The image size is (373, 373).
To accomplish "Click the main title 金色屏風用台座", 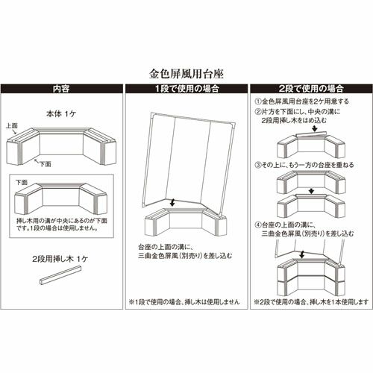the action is point(186,74).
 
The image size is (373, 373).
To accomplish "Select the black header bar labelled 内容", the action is point(61,89).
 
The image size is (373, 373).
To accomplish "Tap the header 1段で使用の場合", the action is point(186,89).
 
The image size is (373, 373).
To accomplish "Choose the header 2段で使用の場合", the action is point(312,89).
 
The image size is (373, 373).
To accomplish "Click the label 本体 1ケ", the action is point(61,114).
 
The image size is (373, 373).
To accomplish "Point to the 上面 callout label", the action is point(12,125).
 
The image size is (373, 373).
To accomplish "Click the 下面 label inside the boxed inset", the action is point(22,182).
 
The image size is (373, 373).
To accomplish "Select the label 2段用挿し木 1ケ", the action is point(60,259).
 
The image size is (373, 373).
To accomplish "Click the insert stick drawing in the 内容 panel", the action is point(60,275).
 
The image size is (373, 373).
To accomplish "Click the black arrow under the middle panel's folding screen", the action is point(172,202).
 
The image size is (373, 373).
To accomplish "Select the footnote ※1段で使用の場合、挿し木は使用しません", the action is point(184,301).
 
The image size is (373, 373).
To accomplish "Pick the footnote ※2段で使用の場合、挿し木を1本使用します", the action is point(311,302).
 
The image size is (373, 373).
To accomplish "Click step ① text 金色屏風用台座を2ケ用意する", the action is point(302,101).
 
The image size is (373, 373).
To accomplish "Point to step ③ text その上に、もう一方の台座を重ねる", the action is point(304,165).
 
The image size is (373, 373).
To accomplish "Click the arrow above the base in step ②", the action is point(315,129).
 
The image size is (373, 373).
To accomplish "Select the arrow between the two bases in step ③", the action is point(311,191).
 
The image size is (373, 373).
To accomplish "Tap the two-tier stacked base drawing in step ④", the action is point(311,276).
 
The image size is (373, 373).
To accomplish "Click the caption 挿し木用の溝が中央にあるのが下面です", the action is point(62,225).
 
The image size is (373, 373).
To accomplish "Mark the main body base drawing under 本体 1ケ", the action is point(61,146).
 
